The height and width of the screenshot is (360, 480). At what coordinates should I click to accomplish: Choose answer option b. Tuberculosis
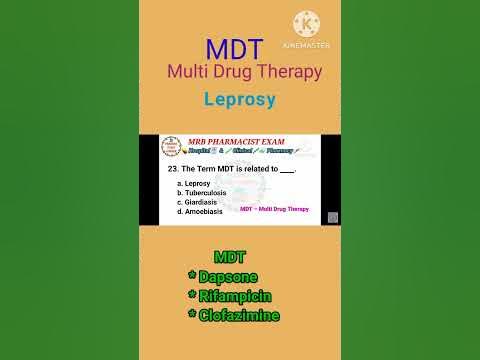(202, 194)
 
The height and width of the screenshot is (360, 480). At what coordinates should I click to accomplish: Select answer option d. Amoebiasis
(199, 212)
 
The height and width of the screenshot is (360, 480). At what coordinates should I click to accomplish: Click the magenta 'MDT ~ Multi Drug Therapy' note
(274, 210)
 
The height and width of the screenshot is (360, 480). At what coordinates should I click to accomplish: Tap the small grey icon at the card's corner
(332, 217)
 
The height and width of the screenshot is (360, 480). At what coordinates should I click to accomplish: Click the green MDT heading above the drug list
(230, 258)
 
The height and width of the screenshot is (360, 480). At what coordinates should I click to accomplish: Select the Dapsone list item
(230, 276)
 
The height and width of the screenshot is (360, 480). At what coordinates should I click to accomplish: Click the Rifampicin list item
(235, 296)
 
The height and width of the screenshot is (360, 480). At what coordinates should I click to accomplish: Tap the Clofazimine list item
(237, 315)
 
